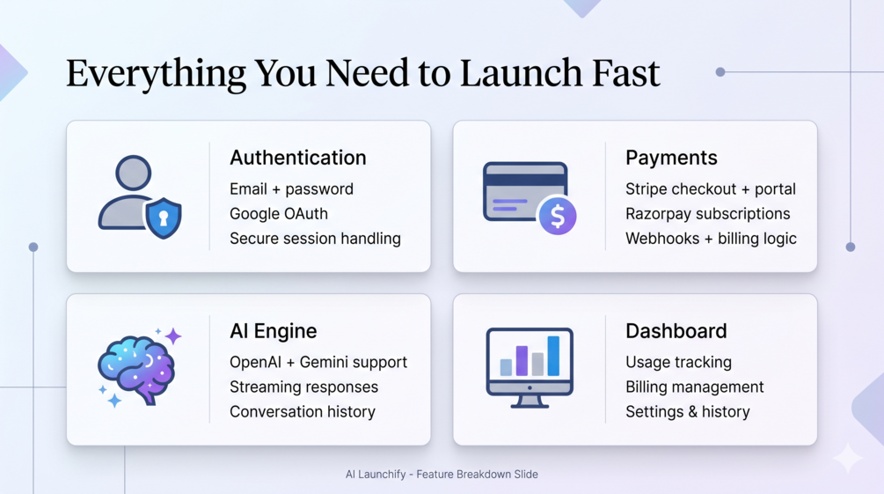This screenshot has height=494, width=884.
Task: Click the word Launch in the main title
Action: [522, 73]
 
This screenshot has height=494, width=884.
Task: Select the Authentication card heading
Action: [297, 158]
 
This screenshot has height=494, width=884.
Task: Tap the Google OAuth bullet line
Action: [279, 214]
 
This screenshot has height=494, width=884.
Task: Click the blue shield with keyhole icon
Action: [164, 218]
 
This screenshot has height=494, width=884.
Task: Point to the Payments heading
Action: [671, 159]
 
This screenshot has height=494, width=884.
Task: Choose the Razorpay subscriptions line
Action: [707, 214]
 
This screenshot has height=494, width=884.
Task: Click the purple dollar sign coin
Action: [558, 215]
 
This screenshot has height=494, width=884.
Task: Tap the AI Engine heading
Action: [273, 331]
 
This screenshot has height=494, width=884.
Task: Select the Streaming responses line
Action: [303, 387]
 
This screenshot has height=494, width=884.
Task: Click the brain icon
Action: [135, 369]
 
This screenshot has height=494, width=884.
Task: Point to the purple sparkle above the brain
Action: [173, 336]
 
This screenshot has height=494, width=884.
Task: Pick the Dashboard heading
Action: [676, 331]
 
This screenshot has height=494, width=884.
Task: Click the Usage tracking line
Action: [678, 363]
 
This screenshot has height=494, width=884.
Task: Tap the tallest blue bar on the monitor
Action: [553, 356]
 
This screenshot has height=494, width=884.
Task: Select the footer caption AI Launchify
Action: [376, 475]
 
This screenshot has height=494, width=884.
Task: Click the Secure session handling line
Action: [315, 239]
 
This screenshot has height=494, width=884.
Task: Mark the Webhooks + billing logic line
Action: [711, 239]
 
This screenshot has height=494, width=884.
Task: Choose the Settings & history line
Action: [688, 412]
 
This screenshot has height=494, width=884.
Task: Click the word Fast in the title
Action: [625, 73]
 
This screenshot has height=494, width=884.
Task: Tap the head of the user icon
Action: [133, 173]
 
